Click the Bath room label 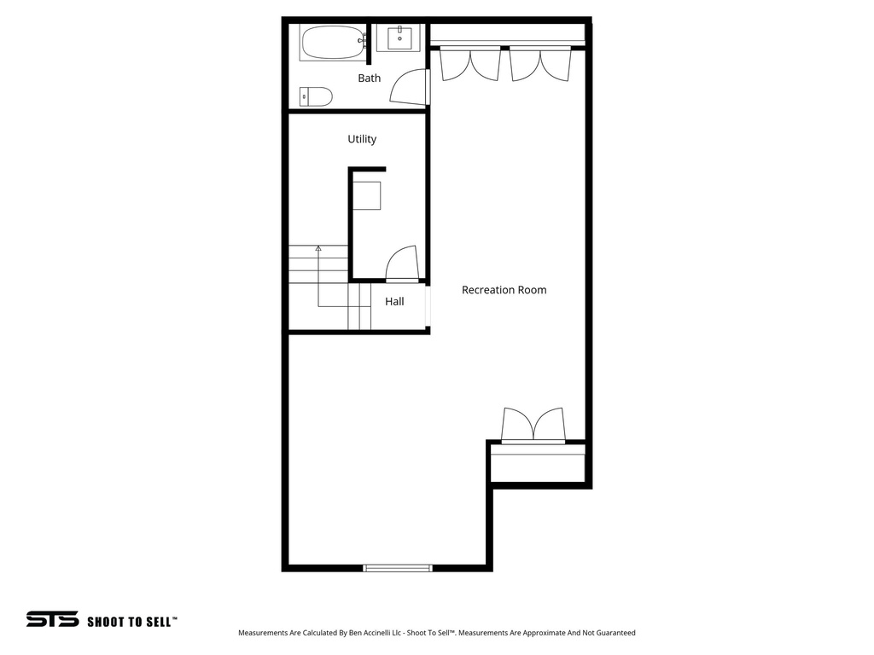coord(369,78)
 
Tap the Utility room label coord(362,139)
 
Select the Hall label coord(394,301)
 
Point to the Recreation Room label coord(504,290)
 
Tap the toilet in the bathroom coord(317,96)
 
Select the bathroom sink coord(399,38)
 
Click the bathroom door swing coord(409,87)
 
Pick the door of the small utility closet coord(401,264)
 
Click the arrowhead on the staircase coord(318,248)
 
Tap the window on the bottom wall coord(398,567)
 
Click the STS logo coord(52,619)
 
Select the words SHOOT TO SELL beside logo coord(132,622)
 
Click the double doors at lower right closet coord(533,425)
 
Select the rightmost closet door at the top coord(556,66)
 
